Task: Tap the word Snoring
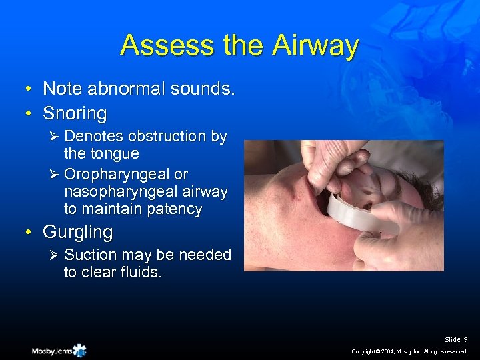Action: pyautogui.click(x=75, y=113)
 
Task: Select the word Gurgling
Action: pyautogui.click(x=77, y=232)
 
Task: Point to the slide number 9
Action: pyautogui.click(x=465, y=340)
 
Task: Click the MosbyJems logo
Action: pyautogui.click(x=59, y=351)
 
